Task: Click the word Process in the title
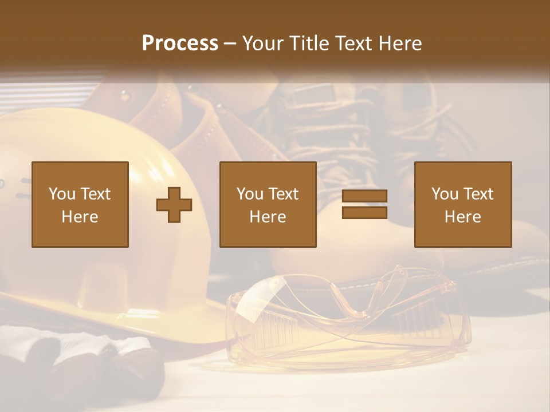pos(180,43)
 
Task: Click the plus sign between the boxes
pos(174,204)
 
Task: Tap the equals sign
pos(364,204)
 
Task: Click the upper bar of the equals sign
pos(364,196)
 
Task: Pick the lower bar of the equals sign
pos(364,212)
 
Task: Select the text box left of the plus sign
pos(80,204)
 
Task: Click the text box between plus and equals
pos(268,204)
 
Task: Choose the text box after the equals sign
pos(463,204)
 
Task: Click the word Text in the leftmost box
pos(95,194)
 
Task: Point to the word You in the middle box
pos(250,194)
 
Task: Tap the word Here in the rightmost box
pos(463,217)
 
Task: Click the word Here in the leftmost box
pos(80,217)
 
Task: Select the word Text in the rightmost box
pos(478,194)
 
